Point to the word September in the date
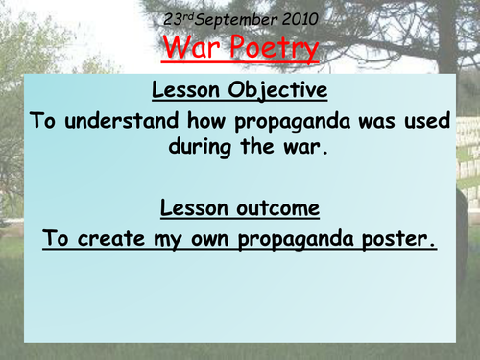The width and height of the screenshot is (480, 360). (x=239, y=17)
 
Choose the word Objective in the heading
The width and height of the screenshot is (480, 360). (x=279, y=92)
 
